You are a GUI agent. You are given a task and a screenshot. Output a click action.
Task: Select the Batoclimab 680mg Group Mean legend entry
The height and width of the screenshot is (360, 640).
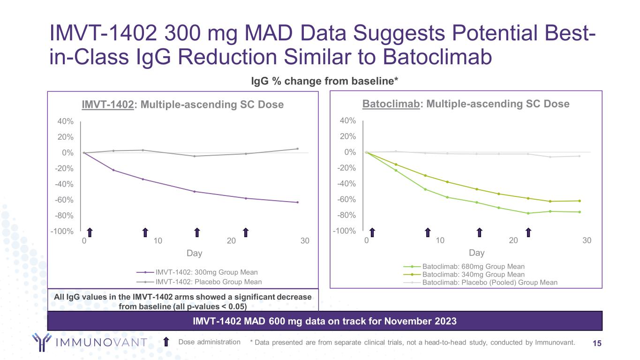473,267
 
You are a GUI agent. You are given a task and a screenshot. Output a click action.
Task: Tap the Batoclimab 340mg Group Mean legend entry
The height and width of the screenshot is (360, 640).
473,275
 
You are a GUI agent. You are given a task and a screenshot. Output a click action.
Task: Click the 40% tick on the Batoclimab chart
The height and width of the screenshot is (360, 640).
347,121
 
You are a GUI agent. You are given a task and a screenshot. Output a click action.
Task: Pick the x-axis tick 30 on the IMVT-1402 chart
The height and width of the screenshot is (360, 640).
305,241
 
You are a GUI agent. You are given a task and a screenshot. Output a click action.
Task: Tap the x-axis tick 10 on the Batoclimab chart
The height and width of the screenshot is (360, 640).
440,240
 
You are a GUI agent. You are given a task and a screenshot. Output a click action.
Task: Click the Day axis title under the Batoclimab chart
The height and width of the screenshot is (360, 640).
476,253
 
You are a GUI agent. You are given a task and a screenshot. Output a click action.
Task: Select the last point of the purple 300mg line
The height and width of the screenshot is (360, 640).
297,202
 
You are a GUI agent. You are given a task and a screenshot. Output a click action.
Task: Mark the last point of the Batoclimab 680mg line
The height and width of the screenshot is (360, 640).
580,212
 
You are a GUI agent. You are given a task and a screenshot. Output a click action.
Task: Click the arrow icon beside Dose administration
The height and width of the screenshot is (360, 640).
166,342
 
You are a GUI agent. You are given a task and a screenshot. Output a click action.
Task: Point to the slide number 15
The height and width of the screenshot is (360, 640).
597,343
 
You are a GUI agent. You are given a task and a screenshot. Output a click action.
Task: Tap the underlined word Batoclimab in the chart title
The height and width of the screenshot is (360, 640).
389,104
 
